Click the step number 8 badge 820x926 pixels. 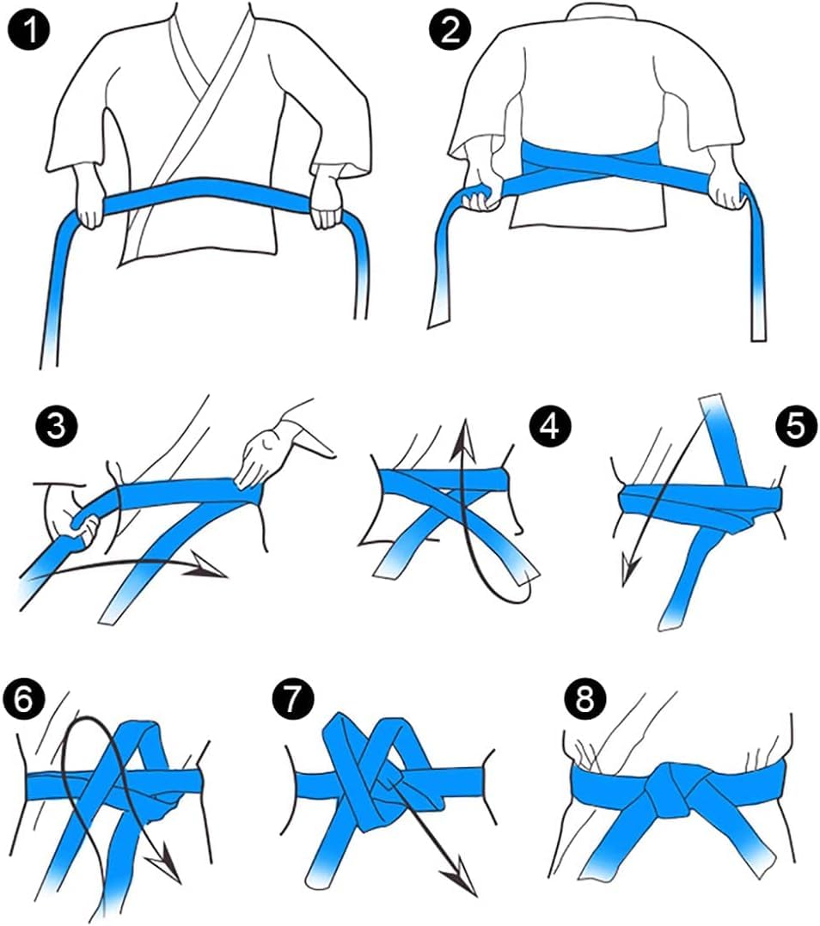[x=584, y=699]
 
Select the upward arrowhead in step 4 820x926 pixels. [x=465, y=429]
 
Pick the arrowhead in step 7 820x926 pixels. [x=456, y=881]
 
